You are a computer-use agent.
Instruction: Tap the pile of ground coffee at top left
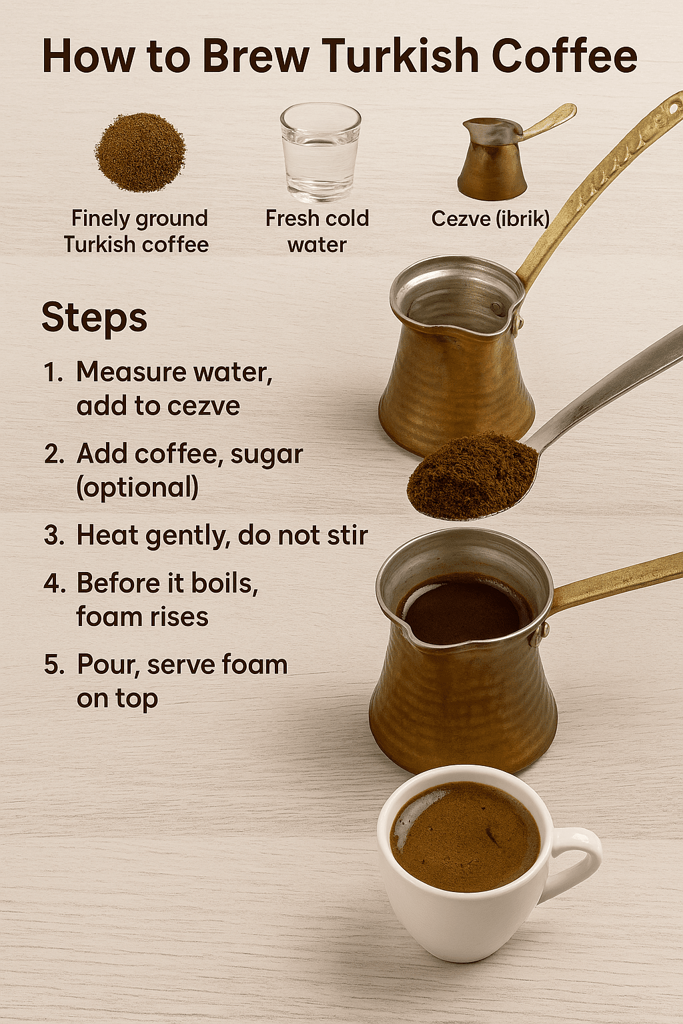(140, 153)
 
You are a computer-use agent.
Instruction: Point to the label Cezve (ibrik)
(490, 219)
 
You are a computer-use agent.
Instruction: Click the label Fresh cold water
(317, 231)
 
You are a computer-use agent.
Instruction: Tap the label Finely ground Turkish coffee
(137, 231)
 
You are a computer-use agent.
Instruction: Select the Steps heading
(94, 318)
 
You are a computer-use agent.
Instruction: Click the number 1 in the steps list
(51, 373)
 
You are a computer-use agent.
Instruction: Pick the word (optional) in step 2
(137, 488)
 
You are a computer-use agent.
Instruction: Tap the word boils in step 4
(223, 583)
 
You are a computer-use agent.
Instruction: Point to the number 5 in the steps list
(51, 665)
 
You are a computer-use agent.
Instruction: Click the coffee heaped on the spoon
(472, 475)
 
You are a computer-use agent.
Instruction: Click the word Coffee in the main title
(564, 56)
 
